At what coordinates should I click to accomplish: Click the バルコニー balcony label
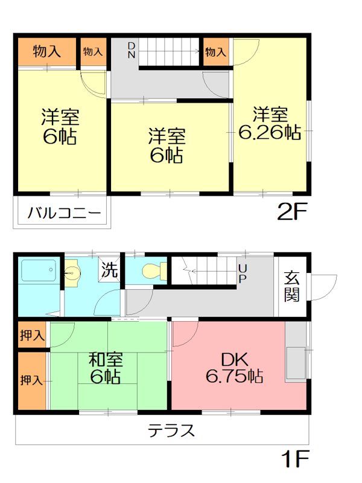(63, 213)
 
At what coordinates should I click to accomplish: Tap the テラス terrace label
(171, 430)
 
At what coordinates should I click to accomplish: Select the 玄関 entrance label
(292, 286)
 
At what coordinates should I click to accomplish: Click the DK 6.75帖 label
(233, 367)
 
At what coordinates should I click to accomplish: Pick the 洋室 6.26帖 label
(269, 123)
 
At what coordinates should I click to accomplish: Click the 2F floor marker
(293, 213)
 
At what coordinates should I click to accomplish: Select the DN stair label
(132, 51)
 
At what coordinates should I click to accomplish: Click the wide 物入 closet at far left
(46, 52)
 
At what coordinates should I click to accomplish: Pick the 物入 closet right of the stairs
(215, 52)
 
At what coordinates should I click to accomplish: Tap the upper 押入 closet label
(31, 335)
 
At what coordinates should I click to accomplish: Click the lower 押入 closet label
(31, 380)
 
